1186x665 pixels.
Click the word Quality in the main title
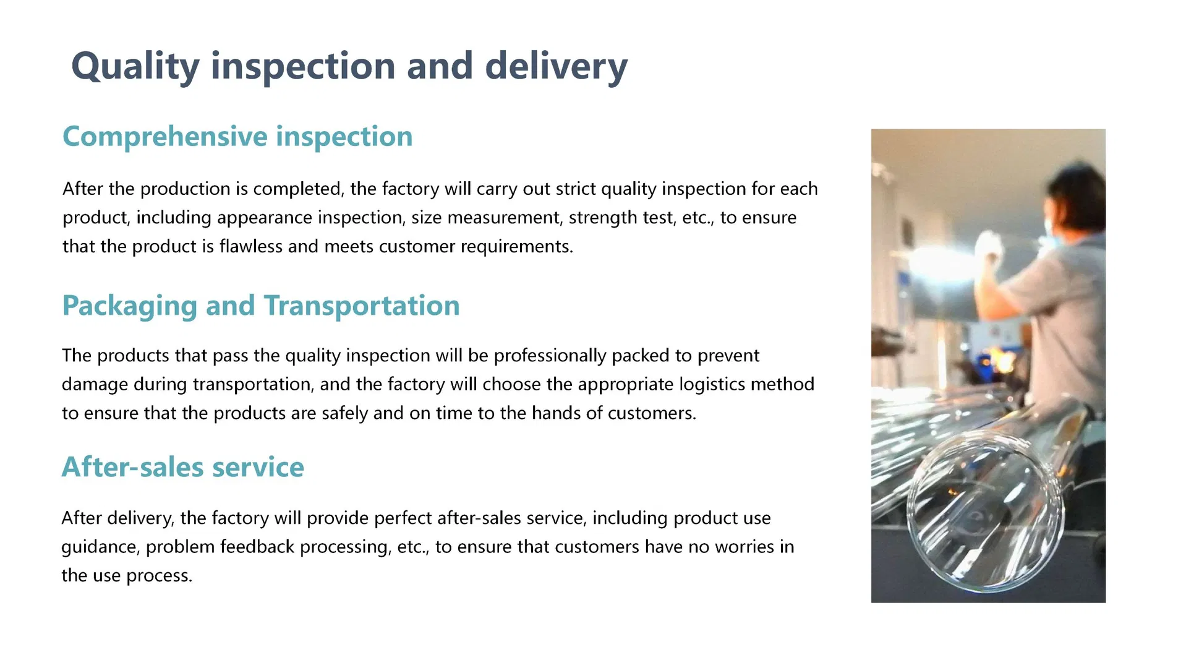135,66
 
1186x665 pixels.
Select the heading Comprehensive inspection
237,137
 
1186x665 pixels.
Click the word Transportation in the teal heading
362,306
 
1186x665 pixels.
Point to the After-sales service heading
183,467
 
